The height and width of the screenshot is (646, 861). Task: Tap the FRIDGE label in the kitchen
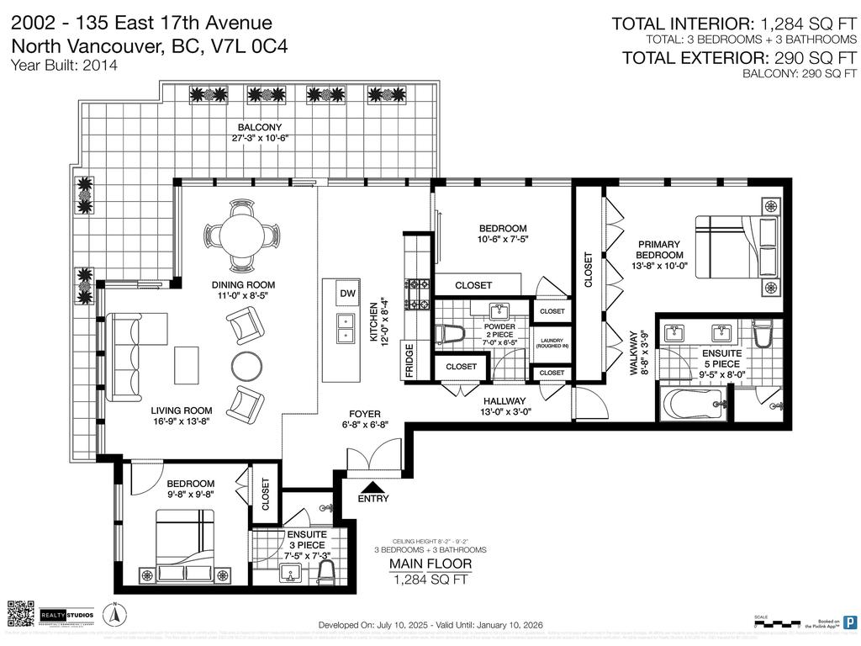coord(409,358)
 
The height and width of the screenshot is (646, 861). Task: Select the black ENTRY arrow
coord(373,485)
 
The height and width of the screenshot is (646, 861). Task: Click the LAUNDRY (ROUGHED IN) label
coord(552,342)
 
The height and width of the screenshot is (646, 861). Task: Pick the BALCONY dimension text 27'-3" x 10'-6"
coord(265,138)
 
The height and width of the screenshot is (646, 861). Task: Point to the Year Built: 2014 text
coord(64,65)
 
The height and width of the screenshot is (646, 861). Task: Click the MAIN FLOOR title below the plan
coord(429,564)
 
